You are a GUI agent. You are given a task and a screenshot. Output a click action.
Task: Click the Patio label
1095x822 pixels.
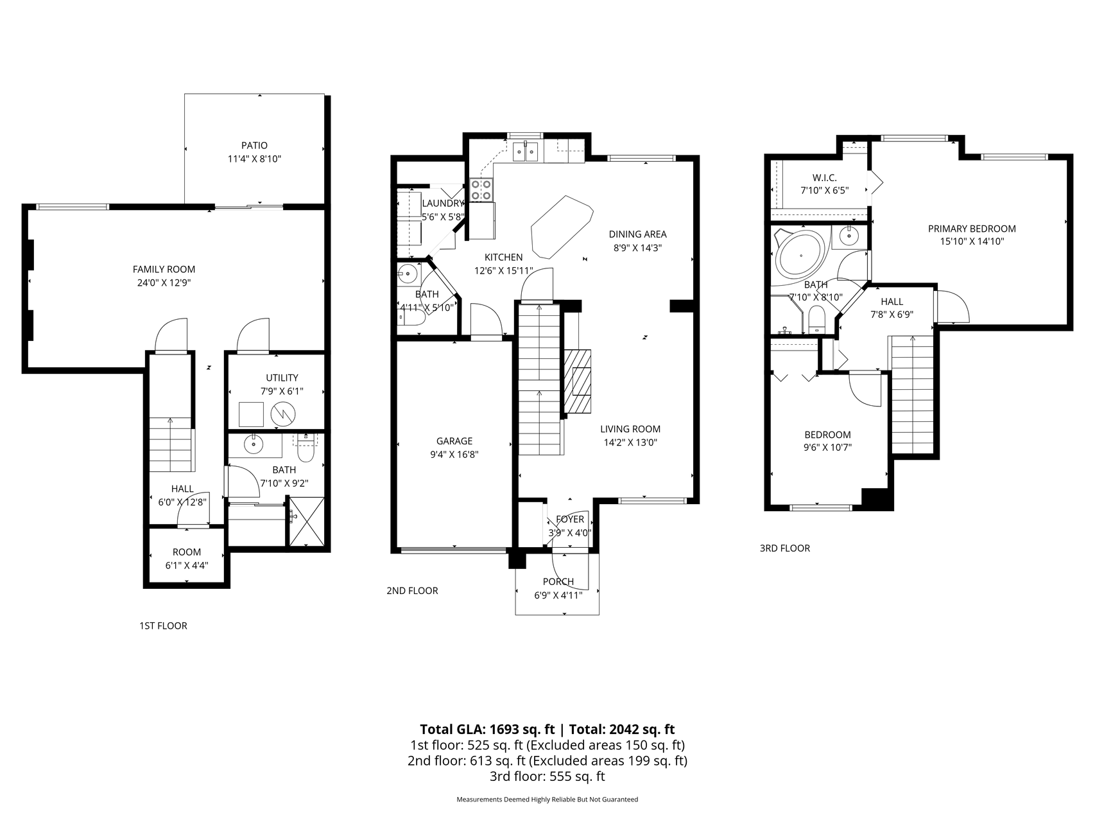pos(255,146)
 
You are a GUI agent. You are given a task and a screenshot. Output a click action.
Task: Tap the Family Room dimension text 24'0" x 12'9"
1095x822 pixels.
pos(164,283)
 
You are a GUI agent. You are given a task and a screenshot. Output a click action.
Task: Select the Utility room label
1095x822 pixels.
pos(282,378)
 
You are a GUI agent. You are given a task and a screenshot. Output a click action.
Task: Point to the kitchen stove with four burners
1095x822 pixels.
pos(481,189)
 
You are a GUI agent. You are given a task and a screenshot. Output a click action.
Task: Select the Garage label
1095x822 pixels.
pos(454,441)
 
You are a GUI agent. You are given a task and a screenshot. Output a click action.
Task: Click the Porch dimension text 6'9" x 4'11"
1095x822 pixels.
pos(558,595)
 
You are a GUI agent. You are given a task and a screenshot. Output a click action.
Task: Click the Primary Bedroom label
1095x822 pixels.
pos(972,229)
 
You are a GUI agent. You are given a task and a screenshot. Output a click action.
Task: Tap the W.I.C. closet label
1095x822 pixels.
pos(824,177)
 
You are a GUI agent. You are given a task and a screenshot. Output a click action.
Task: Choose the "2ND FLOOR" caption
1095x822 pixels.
pos(412,591)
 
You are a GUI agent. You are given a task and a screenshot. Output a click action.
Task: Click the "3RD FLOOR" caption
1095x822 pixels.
pos(785,548)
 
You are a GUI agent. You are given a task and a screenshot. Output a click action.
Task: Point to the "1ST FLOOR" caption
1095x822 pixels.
pos(163,625)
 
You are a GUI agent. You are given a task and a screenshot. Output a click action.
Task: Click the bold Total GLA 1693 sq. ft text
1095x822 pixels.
pos(487,730)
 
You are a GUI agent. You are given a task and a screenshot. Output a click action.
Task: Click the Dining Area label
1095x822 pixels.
pos(637,234)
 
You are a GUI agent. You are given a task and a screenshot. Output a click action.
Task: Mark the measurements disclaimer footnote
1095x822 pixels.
pos(547,800)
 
